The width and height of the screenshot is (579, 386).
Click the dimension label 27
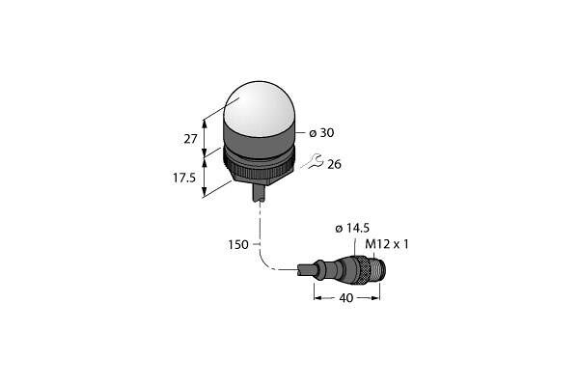pos(190,139)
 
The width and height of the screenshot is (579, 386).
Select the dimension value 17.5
pos(184,178)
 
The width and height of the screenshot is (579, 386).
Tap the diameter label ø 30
pos(321,132)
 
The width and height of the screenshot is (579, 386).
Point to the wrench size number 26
pos(334,164)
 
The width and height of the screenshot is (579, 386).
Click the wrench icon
pos(314,161)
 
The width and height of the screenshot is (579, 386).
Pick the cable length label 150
pos(238,244)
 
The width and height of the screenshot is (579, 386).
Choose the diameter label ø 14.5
pos(352,229)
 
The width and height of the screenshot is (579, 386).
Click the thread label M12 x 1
pos(387,244)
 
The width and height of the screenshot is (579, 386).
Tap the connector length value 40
pos(346,298)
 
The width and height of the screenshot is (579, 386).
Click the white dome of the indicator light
pos(259,108)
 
